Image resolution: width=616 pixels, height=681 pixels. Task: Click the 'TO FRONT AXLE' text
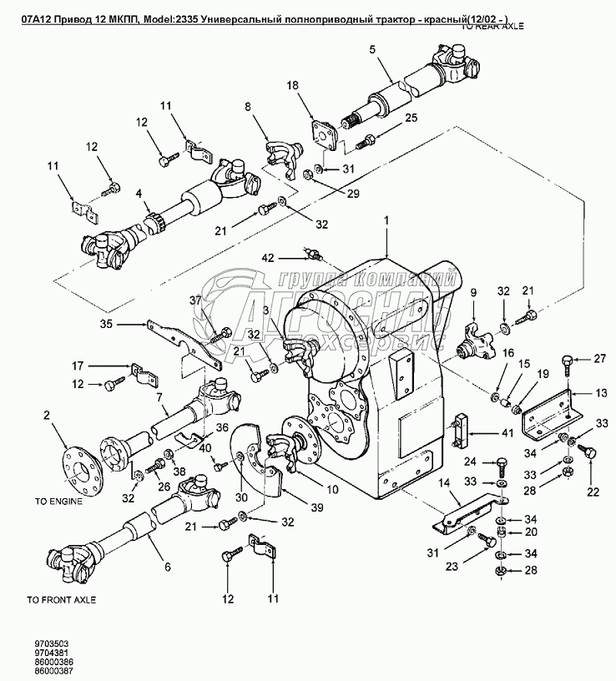click(61, 599)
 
